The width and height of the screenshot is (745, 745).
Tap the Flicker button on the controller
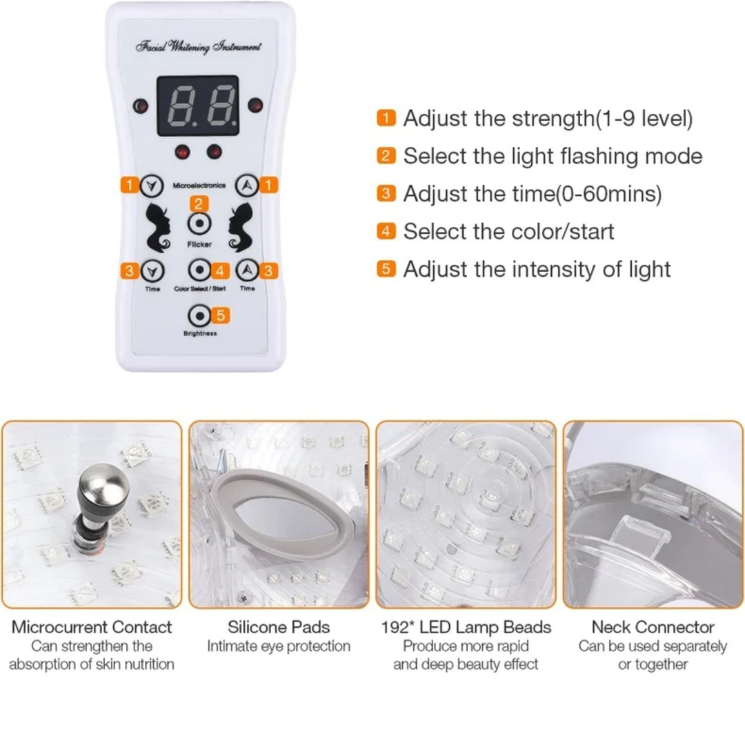[199, 224]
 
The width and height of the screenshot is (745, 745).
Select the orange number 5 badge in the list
[387, 268]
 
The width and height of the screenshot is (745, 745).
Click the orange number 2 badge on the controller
[199, 203]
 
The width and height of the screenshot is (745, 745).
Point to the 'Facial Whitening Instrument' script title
[198, 47]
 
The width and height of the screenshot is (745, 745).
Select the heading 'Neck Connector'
[653, 627]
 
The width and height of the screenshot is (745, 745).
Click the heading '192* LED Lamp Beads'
[466, 627]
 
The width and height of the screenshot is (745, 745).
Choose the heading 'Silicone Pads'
[279, 627]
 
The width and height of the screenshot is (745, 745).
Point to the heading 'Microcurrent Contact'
[92, 627]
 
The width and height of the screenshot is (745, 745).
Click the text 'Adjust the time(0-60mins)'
[532, 194]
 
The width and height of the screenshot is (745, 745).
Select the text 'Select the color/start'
[508, 230]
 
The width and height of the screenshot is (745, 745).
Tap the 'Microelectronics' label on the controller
[199, 186]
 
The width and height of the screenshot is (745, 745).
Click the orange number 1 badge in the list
[387, 118]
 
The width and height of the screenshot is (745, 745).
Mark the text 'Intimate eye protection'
[279, 646]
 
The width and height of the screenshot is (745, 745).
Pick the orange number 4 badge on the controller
[221, 269]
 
